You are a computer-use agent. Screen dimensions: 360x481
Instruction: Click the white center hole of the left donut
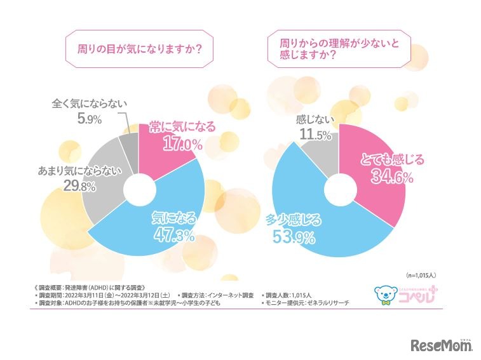point(139,189)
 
